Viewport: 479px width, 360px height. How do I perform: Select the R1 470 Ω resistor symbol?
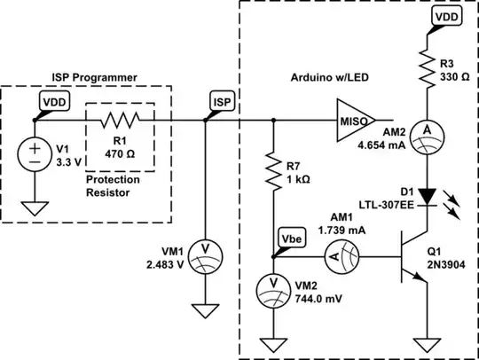pyautogui.click(x=118, y=118)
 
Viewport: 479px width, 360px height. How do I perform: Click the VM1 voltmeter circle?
pyautogui.click(x=205, y=249)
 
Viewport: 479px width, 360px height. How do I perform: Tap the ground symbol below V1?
pyautogui.click(x=35, y=209)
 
